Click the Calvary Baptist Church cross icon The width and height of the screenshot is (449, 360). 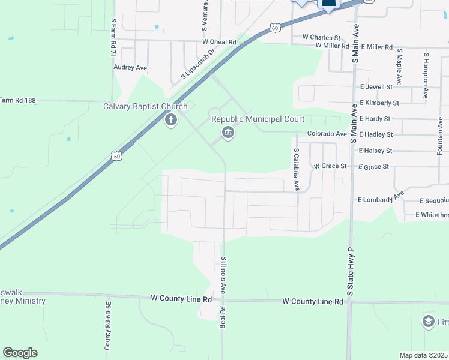[x=171, y=120]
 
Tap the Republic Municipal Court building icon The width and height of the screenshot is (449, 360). [x=228, y=133]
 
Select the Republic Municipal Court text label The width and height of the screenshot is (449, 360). [x=258, y=119]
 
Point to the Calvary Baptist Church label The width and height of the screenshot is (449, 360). [x=145, y=107]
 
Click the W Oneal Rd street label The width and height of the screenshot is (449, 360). [x=219, y=42]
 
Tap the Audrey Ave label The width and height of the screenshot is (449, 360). [x=130, y=68]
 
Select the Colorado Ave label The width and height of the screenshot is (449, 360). [x=327, y=134]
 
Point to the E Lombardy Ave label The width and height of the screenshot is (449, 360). [x=381, y=199]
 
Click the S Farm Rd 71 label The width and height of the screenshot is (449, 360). [x=113, y=37]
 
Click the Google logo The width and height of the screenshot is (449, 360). [x=20, y=353]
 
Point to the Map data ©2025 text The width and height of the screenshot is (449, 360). [x=424, y=355]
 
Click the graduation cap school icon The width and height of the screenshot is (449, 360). [x=428, y=322]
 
